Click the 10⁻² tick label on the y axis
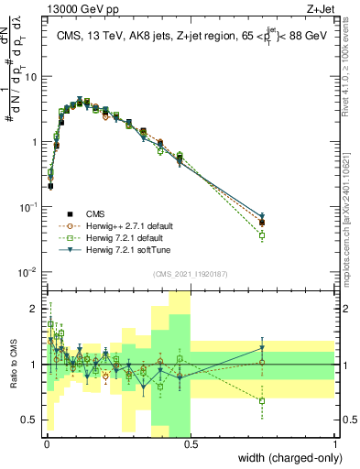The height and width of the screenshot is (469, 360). (x=29, y=272)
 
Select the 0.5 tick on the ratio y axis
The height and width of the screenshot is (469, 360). (x=31, y=421)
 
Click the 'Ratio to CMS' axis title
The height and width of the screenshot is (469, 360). (x=13, y=364)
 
